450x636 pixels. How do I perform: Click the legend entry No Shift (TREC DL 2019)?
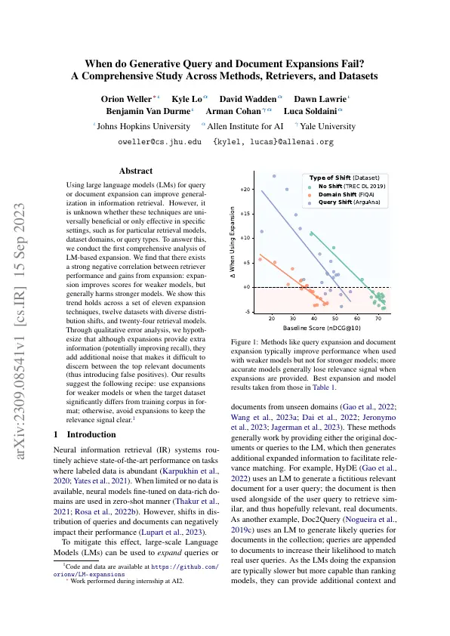[x=352, y=185]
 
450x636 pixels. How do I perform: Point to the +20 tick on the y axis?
[x=244, y=190]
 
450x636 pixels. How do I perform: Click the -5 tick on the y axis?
[x=245, y=311]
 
